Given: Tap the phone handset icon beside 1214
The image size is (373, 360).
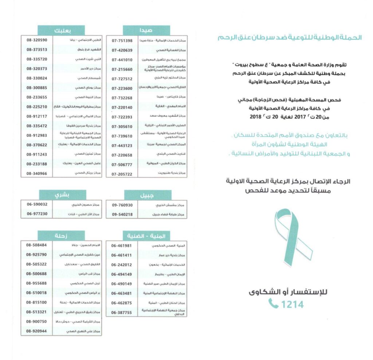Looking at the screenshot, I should [273, 303].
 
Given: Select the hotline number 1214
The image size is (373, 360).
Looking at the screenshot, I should [292, 304].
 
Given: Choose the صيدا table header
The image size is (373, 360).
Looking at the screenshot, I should [145, 31].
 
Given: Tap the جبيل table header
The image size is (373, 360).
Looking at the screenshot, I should [145, 195].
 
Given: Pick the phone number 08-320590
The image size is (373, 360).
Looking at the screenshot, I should [37, 40].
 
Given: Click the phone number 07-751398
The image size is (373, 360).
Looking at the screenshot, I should [122, 40].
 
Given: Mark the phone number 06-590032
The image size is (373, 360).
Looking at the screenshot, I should [37, 205].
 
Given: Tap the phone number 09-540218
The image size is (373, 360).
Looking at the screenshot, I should [122, 214].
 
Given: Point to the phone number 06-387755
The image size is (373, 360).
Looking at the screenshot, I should [122, 312].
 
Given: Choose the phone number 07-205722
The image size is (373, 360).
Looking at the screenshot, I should [122, 174].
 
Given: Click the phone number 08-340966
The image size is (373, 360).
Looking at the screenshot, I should [37, 173].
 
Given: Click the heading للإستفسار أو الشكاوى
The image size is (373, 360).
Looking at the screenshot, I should [287, 292].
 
